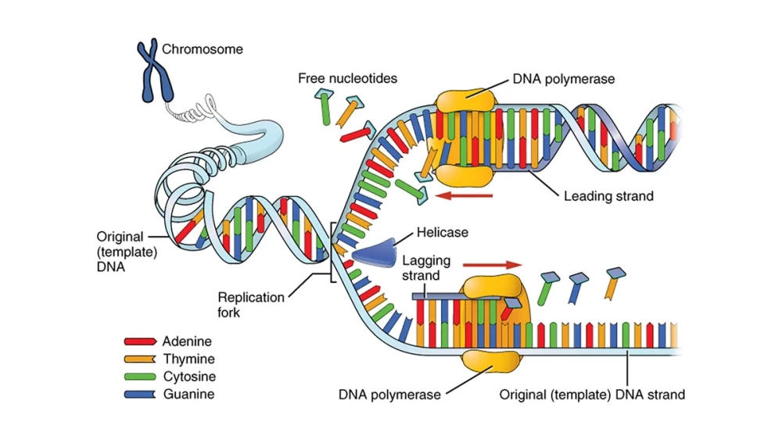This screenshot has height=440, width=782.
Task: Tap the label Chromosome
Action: (x=203, y=49)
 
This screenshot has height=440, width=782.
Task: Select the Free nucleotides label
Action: (x=347, y=78)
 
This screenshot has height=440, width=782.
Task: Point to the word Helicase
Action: (x=443, y=232)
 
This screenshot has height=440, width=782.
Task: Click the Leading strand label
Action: (x=608, y=196)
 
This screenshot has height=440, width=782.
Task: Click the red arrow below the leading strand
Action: (x=465, y=195)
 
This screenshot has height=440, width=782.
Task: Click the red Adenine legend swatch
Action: (x=140, y=342)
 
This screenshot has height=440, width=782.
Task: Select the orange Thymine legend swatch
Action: (x=140, y=360)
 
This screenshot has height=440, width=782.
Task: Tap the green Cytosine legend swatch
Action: (x=140, y=377)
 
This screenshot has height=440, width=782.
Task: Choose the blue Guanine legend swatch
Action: (x=140, y=394)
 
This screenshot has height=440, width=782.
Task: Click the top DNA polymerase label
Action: (x=564, y=79)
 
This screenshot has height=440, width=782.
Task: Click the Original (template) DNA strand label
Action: (x=592, y=394)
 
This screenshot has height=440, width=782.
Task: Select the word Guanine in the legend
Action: (x=188, y=394)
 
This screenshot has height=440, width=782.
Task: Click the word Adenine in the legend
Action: (x=187, y=342)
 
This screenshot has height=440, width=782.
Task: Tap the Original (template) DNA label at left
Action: (x=120, y=251)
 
